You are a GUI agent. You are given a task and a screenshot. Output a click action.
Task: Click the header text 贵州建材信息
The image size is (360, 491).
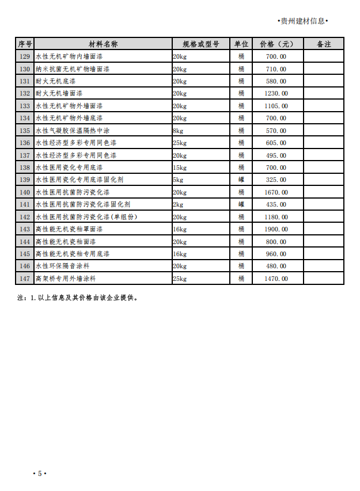(x=302, y=21)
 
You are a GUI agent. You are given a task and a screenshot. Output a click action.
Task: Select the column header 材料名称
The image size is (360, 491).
(x=103, y=44)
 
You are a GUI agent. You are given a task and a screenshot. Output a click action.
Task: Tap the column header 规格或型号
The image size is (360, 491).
(x=200, y=44)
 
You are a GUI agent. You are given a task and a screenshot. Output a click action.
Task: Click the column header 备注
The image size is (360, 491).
(x=324, y=44)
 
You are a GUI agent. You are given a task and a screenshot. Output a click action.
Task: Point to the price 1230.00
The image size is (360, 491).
(x=276, y=93)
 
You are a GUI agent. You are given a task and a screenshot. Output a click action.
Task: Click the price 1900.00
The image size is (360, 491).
(x=276, y=229)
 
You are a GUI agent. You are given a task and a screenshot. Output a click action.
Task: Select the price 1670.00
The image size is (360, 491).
(x=276, y=192)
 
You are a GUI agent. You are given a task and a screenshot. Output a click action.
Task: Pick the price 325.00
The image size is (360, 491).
(x=276, y=180)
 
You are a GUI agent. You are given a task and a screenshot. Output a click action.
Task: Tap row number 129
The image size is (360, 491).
(x=25, y=56)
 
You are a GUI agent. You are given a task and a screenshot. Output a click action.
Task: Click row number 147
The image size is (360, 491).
(x=25, y=279)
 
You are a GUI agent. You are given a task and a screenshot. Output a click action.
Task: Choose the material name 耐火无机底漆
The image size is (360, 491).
(x=55, y=81)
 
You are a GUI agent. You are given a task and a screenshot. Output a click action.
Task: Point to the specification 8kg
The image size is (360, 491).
(x=178, y=131)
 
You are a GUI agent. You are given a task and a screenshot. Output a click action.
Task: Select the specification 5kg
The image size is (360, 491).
(x=178, y=180)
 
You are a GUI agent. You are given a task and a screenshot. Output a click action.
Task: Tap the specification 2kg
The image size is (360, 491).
(x=178, y=204)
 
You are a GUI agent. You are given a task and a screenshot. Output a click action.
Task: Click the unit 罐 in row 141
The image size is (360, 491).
(x=241, y=204)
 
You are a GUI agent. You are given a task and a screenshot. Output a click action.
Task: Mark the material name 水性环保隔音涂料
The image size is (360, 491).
(x=66, y=266)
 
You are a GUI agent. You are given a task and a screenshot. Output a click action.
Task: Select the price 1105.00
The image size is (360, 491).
(x=276, y=106)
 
